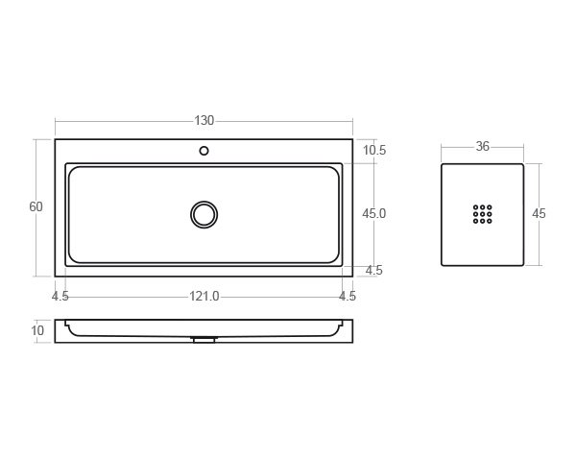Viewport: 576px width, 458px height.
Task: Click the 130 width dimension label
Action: [204, 121]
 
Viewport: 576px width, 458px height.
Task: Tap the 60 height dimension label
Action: [36, 207]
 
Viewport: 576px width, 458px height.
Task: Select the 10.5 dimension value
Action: [374, 151]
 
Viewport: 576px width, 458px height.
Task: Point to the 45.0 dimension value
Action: [374, 214]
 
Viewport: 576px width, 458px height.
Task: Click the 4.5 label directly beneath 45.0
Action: [374, 271]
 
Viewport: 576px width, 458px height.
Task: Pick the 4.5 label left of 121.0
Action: [60, 297]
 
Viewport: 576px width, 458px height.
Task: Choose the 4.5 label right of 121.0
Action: [348, 297]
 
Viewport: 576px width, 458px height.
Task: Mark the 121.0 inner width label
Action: [204, 297]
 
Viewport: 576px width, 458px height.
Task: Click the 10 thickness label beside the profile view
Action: [38, 331]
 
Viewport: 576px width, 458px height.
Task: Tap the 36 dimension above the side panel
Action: [482, 147]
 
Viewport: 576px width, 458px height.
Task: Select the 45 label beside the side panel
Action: [539, 214]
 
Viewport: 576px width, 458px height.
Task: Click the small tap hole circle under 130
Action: [204, 151]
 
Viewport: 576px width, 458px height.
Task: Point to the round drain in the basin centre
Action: [204, 214]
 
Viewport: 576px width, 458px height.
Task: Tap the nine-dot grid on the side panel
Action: [482, 214]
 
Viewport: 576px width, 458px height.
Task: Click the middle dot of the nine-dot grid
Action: [482, 214]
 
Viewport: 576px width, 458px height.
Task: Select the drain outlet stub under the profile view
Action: [204, 339]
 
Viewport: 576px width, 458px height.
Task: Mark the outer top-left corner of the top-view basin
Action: [56, 140]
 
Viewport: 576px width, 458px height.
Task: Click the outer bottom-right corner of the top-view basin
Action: [352, 276]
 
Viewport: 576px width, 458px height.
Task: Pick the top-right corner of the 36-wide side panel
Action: [522, 164]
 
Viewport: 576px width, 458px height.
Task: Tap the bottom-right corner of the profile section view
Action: [352, 342]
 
